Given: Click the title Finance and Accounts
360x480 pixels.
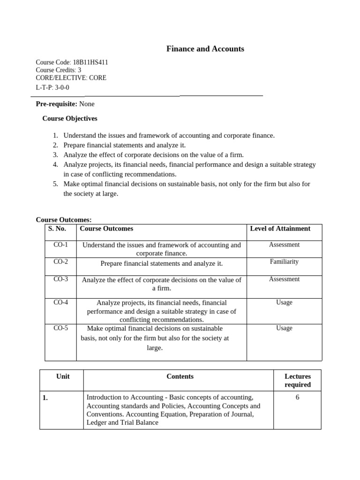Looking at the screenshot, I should click(205, 49).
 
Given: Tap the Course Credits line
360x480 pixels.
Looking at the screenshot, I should click(58, 70).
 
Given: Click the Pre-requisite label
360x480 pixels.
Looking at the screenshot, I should click(56, 104).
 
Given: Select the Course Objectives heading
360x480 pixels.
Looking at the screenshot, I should click(70, 119).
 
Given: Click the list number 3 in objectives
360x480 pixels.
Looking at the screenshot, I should click(55, 155).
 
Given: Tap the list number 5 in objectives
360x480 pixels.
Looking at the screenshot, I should click(55, 184).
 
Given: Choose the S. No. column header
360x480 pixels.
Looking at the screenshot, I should click(57, 229).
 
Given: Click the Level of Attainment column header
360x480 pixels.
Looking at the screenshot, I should click(280, 229).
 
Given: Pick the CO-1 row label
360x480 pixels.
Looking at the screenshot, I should click(60, 245).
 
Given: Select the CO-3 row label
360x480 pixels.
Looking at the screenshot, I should click(60, 279).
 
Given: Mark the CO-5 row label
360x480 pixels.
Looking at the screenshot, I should click(60, 328).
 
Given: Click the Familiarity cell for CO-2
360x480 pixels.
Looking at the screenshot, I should click(284, 262).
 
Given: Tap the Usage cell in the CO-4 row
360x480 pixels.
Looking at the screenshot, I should click(284, 302).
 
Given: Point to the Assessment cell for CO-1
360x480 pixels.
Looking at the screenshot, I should click(284, 245).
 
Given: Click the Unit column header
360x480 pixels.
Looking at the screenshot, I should click(63, 376).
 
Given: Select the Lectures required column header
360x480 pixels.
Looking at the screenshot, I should click(298, 380).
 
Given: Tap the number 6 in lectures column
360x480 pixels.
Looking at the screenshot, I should click(298, 397).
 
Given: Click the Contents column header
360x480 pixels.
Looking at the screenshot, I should click(180, 376).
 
